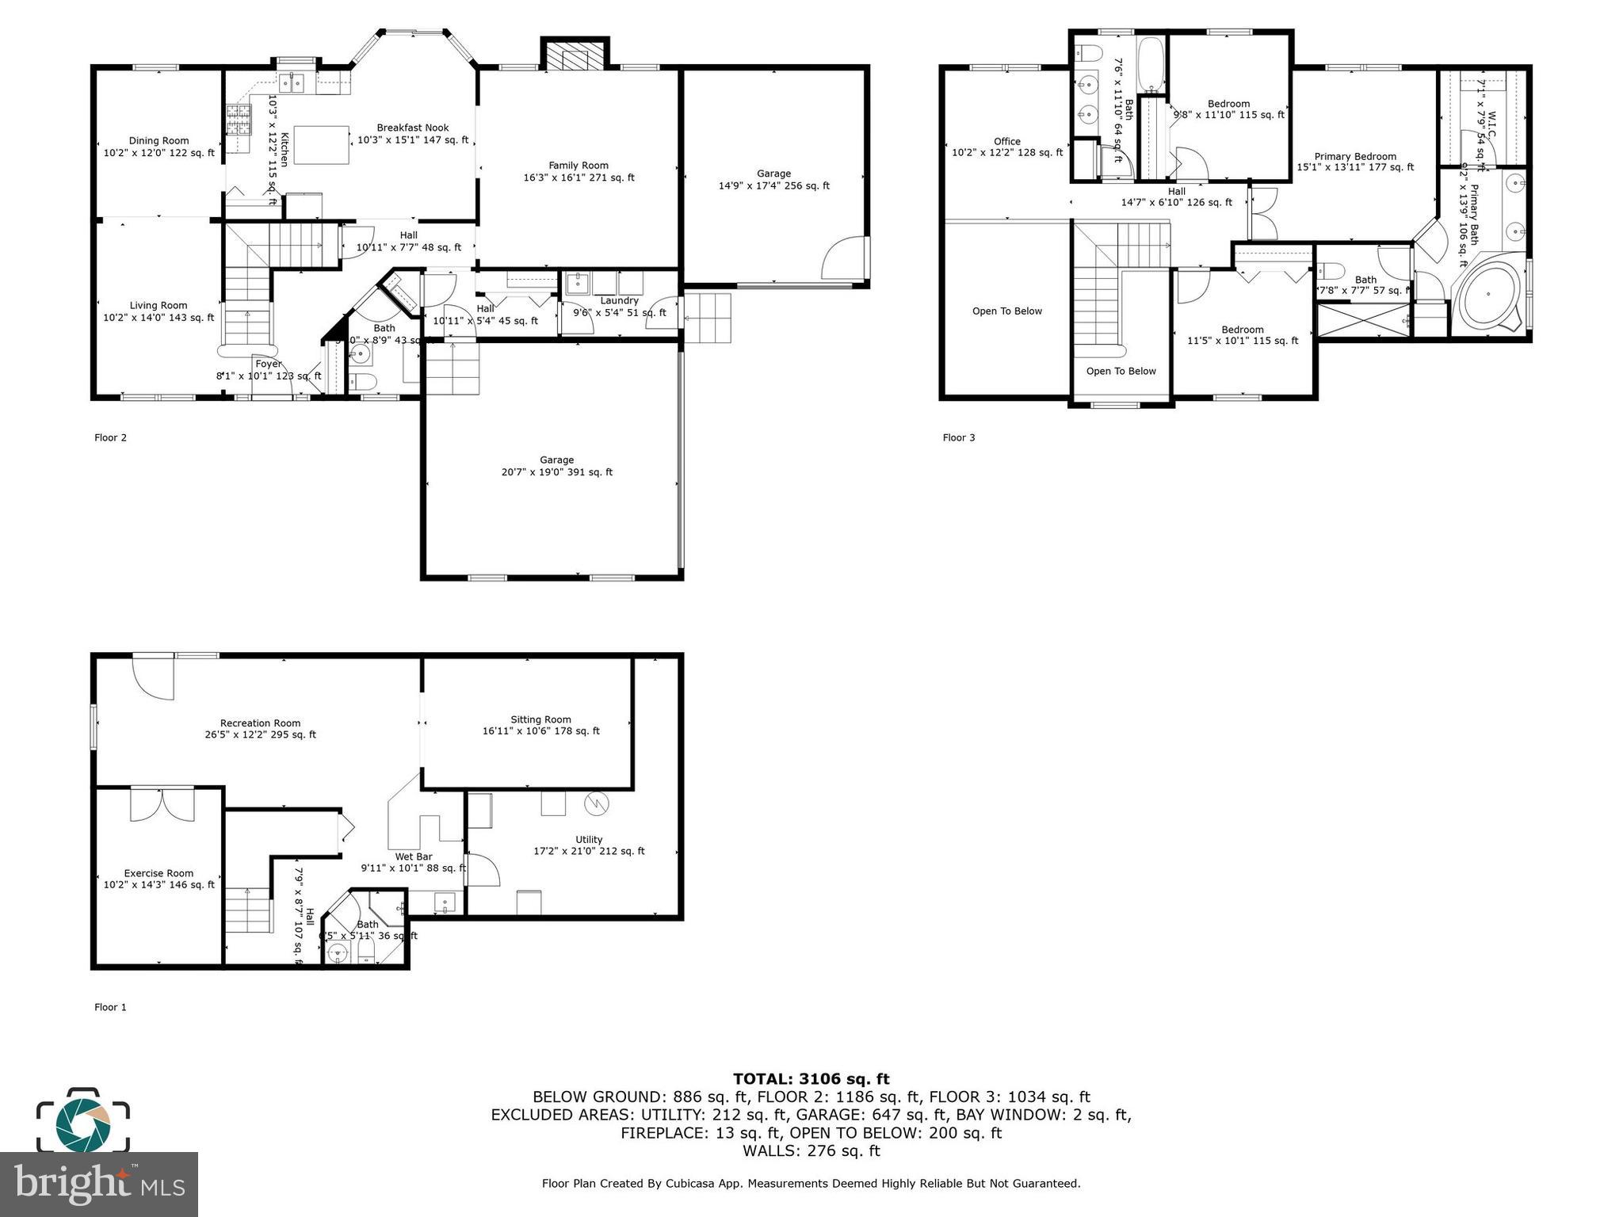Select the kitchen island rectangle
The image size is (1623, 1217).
[x=321, y=145]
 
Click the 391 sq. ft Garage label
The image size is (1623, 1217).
[x=556, y=466]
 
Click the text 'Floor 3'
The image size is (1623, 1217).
[x=958, y=437]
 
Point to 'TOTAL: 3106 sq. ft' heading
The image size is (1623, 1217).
[x=811, y=1078]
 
